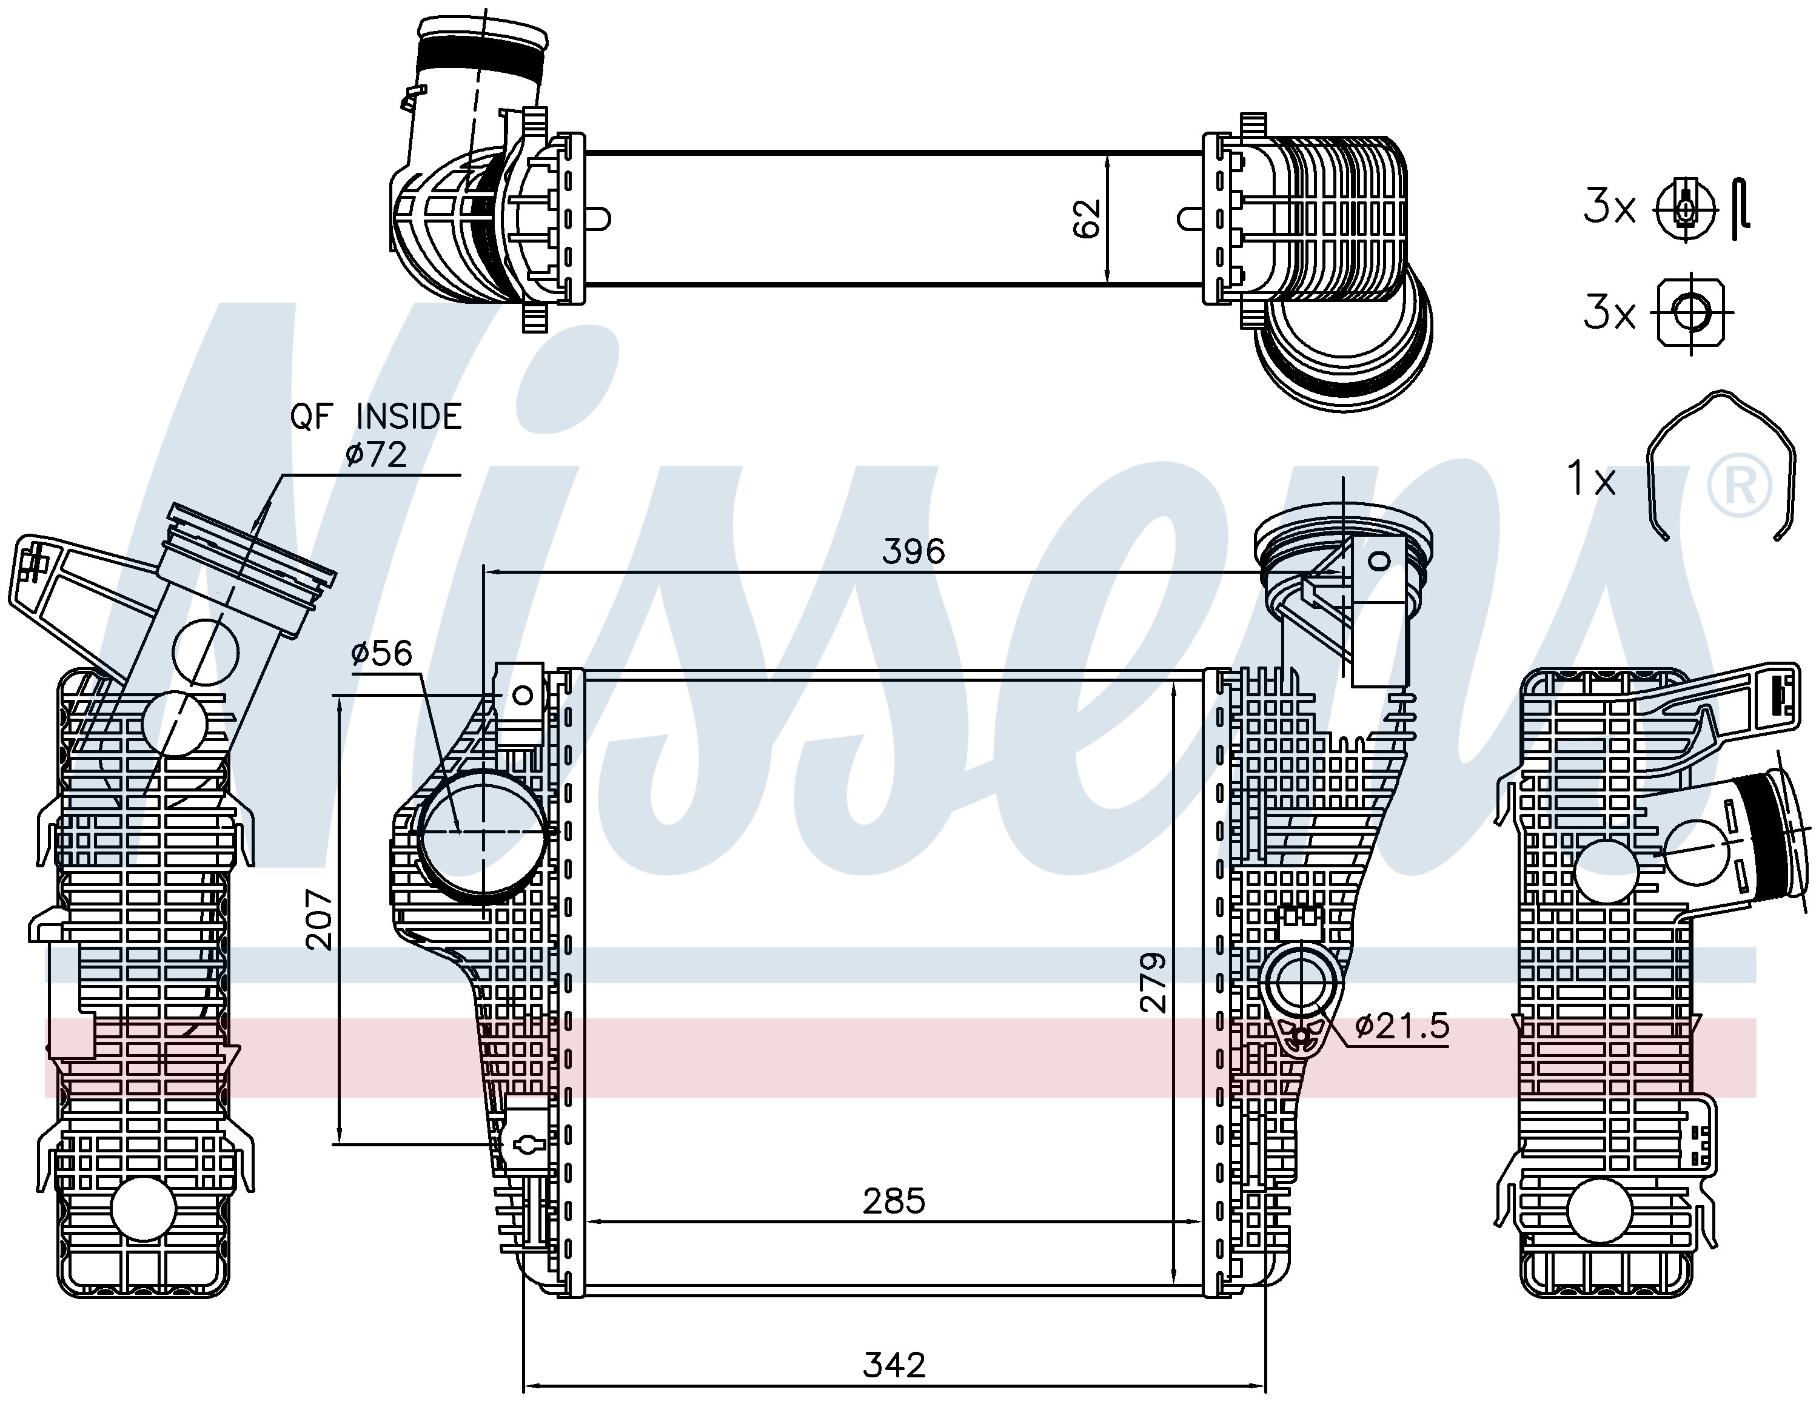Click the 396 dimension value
(914, 551)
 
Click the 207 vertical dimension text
(319, 919)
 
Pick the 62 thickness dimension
(1087, 219)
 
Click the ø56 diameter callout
(381, 653)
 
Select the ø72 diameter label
(377, 455)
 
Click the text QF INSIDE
(376, 417)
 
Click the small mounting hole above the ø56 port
(524, 694)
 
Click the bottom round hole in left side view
(142, 1209)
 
